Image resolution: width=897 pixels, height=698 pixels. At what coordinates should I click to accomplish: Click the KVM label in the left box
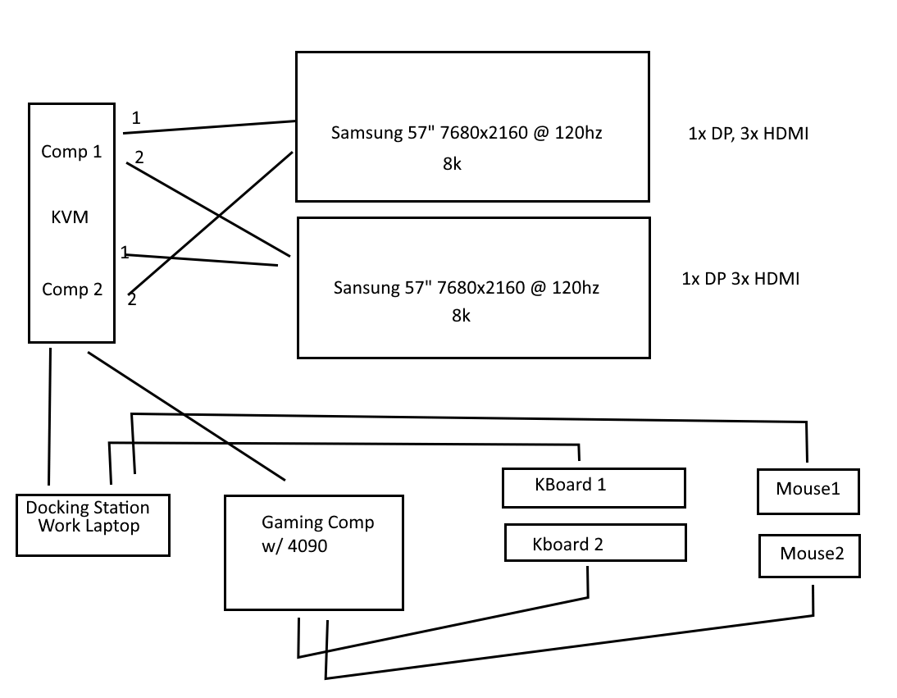click(x=70, y=218)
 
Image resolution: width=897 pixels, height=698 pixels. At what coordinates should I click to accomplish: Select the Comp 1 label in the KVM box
click(x=71, y=152)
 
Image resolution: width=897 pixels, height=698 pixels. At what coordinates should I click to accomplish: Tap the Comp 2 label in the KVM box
click(x=71, y=290)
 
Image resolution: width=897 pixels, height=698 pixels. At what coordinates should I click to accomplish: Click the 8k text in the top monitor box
click(x=452, y=164)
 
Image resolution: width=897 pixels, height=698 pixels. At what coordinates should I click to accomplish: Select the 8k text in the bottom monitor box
click(x=461, y=315)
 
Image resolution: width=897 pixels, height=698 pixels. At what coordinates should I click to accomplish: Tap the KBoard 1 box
click(x=593, y=487)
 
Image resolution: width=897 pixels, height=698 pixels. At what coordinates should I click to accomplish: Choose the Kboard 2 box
click(x=594, y=543)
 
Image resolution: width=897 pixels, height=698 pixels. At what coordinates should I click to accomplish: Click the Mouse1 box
click(x=808, y=490)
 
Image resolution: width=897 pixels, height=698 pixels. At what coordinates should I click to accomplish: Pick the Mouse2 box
click(x=809, y=555)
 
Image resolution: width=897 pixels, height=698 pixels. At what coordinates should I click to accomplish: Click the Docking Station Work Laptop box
click(x=93, y=524)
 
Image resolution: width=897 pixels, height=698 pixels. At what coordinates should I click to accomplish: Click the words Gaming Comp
click(x=317, y=522)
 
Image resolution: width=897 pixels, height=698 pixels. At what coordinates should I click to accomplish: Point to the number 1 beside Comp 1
click(x=136, y=118)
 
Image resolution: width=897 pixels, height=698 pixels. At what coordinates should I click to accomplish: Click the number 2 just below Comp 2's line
click(x=132, y=300)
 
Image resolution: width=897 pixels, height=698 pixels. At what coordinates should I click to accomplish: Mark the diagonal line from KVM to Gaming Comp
click(x=186, y=416)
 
